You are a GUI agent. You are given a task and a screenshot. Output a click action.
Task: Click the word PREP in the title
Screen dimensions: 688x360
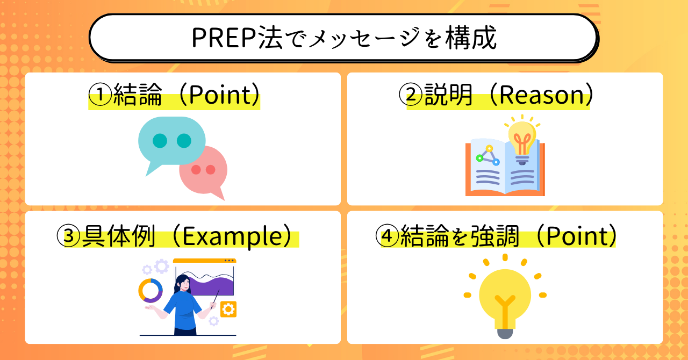pyautogui.click(x=225, y=38)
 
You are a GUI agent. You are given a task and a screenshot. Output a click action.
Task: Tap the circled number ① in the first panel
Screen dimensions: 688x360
pyautogui.click(x=101, y=95)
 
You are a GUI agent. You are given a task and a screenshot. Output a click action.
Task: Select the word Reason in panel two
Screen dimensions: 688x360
pyautogui.click(x=541, y=95)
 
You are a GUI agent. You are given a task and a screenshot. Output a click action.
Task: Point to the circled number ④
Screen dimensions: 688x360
pyautogui.click(x=388, y=236)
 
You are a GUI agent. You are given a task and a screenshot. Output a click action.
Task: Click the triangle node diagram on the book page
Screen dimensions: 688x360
pyautogui.click(x=488, y=155)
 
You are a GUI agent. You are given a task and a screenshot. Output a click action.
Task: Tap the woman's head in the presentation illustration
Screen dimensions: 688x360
pyautogui.click(x=183, y=283)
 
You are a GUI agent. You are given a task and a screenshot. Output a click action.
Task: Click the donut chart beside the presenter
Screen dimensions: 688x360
pyautogui.click(x=150, y=291)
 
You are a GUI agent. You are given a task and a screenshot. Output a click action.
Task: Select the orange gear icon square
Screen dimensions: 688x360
pyautogui.click(x=228, y=309)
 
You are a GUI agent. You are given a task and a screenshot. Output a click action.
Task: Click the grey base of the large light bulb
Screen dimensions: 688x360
pyautogui.click(x=505, y=333)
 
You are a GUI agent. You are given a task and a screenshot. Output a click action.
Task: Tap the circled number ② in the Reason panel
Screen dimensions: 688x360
pyautogui.click(x=411, y=95)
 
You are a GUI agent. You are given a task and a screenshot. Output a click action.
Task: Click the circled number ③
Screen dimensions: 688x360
pyautogui.click(x=68, y=236)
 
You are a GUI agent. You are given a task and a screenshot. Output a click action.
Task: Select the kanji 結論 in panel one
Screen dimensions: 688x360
pyautogui.click(x=138, y=95)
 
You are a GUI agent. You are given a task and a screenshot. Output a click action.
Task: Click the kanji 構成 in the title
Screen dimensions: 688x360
pyautogui.click(x=471, y=38)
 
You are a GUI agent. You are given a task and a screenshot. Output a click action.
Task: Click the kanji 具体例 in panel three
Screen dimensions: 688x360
pyautogui.click(x=119, y=236)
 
